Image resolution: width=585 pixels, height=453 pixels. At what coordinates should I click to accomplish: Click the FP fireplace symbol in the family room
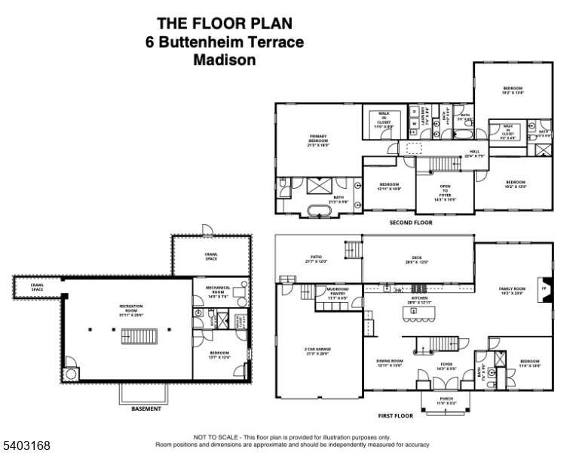(x=544, y=288)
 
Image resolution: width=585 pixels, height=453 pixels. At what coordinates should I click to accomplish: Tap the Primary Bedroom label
(x=318, y=140)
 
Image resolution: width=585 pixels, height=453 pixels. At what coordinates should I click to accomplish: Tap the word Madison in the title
(x=225, y=60)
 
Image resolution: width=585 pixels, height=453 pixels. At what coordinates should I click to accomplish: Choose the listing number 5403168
(x=26, y=445)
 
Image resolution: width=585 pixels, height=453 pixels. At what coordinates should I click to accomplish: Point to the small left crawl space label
(x=36, y=288)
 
